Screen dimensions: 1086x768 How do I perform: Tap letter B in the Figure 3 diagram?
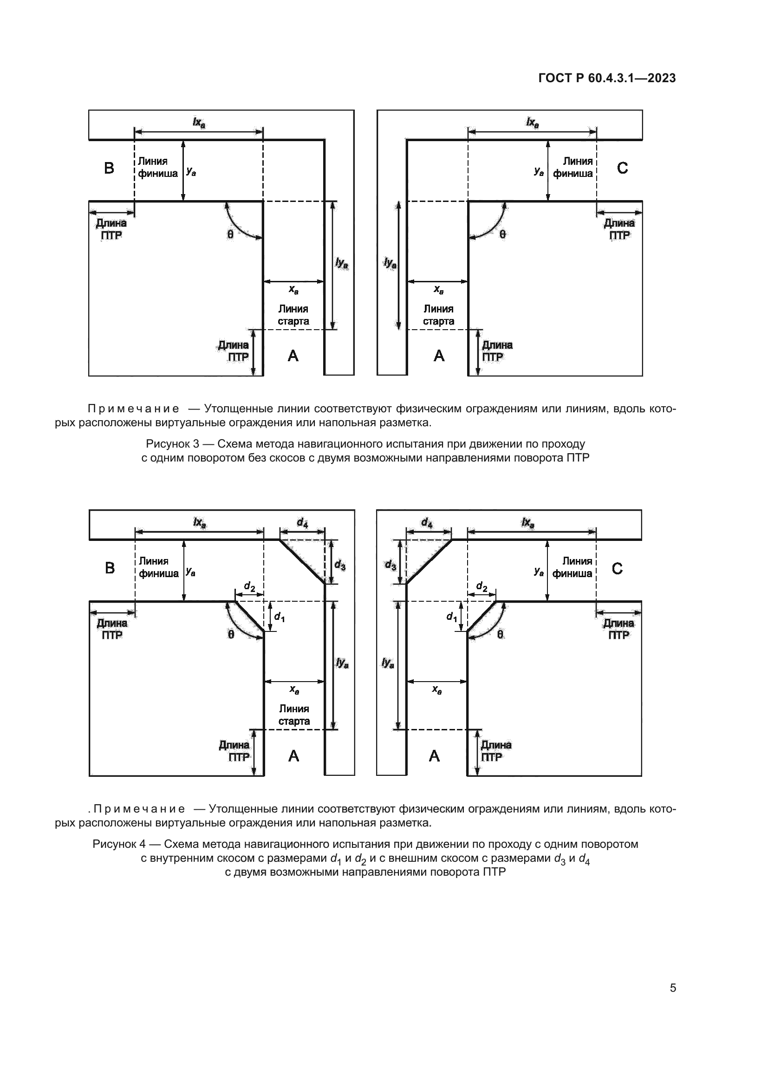109,168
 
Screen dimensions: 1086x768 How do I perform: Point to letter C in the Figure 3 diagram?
622,168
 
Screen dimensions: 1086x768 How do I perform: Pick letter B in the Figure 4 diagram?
110,568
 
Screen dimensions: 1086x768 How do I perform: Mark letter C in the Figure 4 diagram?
617,568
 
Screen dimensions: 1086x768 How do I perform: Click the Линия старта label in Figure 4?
293,715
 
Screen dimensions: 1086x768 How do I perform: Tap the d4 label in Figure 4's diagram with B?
302,523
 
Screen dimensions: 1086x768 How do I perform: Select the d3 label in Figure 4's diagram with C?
390,565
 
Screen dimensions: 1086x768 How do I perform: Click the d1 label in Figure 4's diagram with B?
280,617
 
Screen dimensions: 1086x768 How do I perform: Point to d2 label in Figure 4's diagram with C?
482,587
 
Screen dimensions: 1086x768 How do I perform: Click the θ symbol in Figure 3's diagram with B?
230,234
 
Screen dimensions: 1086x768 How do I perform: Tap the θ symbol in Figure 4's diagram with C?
500,634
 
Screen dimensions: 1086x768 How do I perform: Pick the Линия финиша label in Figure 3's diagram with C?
573,168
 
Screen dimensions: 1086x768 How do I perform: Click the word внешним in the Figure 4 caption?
409,858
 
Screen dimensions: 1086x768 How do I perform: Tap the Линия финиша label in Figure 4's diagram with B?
158,567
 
